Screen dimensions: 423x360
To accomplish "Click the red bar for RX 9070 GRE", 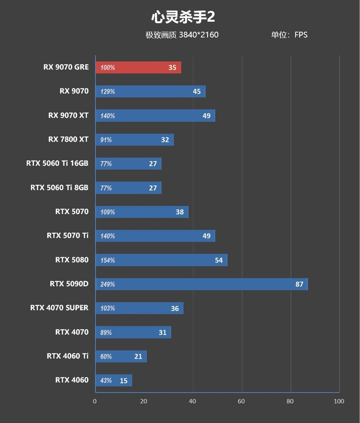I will (138, 68).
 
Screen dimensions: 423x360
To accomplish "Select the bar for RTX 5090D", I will (201, 284).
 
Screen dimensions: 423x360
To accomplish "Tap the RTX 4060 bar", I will (113, 381).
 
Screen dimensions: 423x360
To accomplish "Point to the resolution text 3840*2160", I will (198, 35).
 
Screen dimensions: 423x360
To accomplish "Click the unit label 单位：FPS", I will (289, 35).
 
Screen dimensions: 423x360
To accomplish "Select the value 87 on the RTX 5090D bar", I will (299, 284).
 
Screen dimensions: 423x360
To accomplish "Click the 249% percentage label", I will (108, 284).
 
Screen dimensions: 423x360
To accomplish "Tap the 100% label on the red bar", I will (108, 68).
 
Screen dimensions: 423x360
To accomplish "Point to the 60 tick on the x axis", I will (242, 401).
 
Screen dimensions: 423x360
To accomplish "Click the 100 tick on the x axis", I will (339, 401).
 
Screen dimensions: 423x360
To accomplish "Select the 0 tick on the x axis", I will (95, 401).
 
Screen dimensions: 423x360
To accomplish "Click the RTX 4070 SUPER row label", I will (59, 308).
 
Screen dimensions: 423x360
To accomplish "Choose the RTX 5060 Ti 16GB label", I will (57, 163).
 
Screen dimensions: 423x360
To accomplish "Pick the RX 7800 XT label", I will (68, 139).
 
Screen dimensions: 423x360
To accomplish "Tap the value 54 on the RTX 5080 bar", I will (219, 260).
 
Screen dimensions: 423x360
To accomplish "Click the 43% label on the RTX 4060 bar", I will (106, 381).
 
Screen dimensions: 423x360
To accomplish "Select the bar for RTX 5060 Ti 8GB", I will (128, 188).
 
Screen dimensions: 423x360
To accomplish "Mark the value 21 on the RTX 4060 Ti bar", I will (138, 356).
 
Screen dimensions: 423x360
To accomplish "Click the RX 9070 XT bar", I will (155, 116).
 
